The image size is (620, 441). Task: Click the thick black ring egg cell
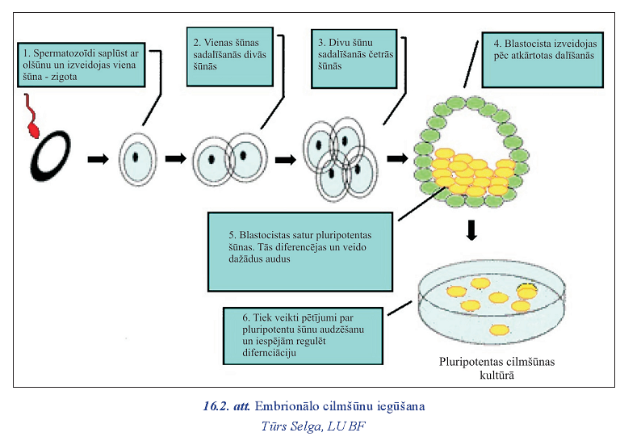(50, 157)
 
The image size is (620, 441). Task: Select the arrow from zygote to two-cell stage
(175, 158)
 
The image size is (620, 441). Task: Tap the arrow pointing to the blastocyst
(397, 158)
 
